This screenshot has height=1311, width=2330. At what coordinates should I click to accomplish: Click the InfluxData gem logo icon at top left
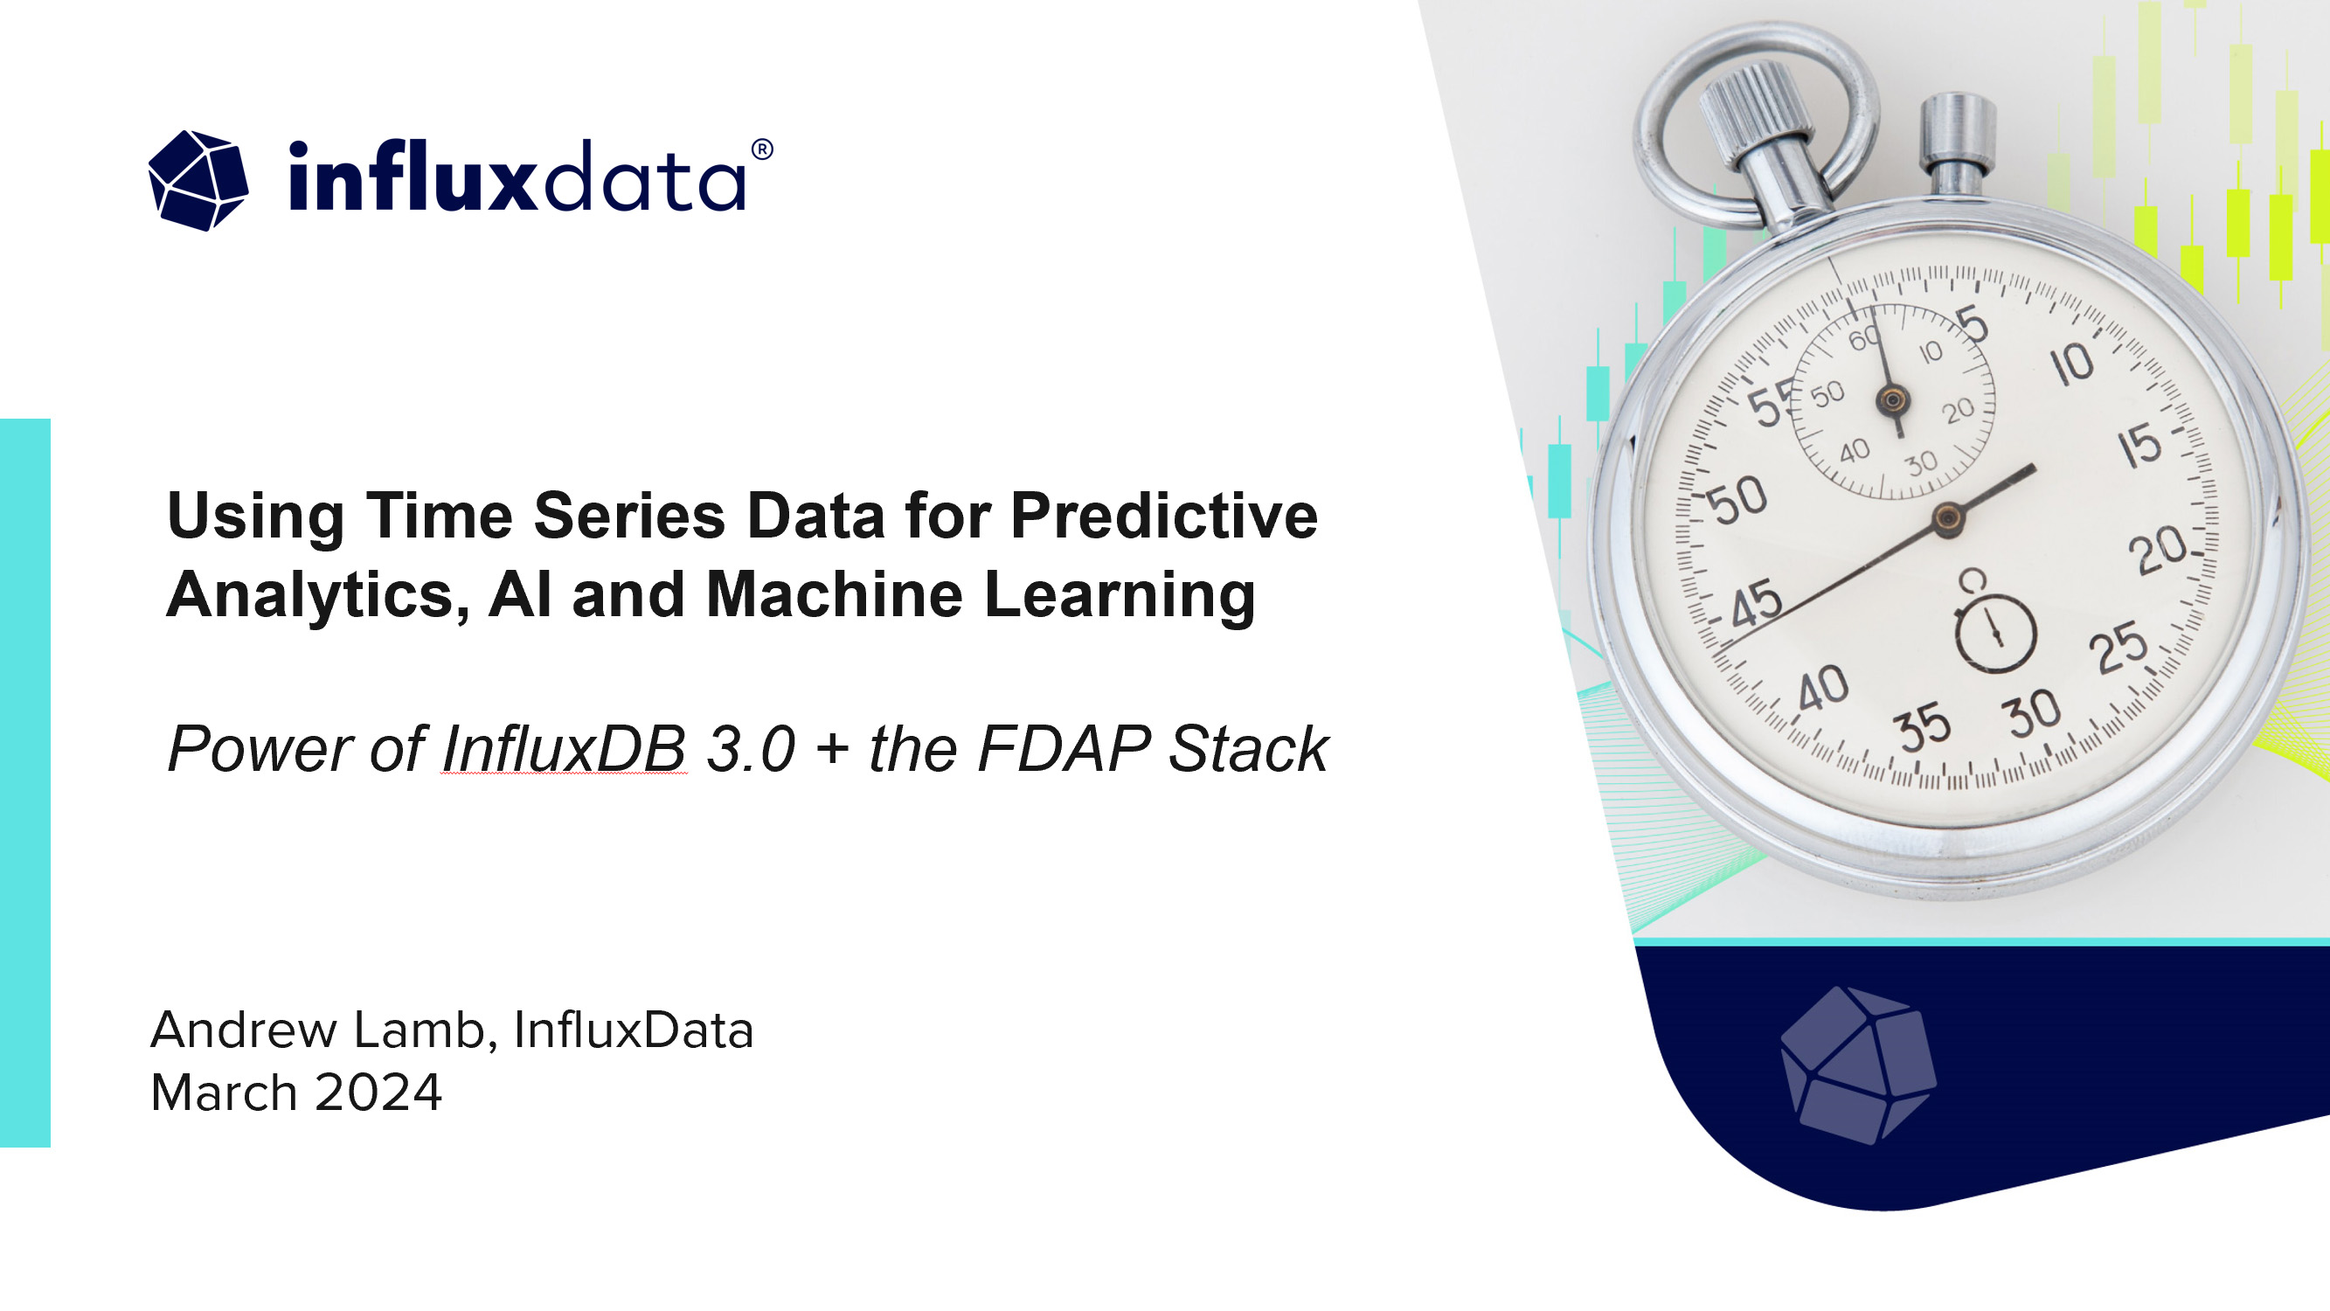coord(198,180)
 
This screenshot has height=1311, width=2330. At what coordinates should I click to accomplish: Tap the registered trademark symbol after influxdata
coord(761,149)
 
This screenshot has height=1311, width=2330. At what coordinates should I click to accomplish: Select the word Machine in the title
coord(834,595)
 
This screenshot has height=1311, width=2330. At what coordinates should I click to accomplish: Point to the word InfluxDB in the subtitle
coord(564,749)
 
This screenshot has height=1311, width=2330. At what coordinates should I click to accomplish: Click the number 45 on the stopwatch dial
coord(1756,606)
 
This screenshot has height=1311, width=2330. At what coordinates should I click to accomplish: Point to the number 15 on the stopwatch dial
coord(2139,446)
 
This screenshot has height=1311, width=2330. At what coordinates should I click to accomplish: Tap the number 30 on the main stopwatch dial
coord(2034,714)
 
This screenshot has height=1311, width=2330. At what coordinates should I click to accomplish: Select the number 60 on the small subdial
coord(1865,339)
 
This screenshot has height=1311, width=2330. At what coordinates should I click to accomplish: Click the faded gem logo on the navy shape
coord(1858,1065)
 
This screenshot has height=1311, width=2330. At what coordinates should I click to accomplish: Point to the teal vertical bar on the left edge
coord(25,782)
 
